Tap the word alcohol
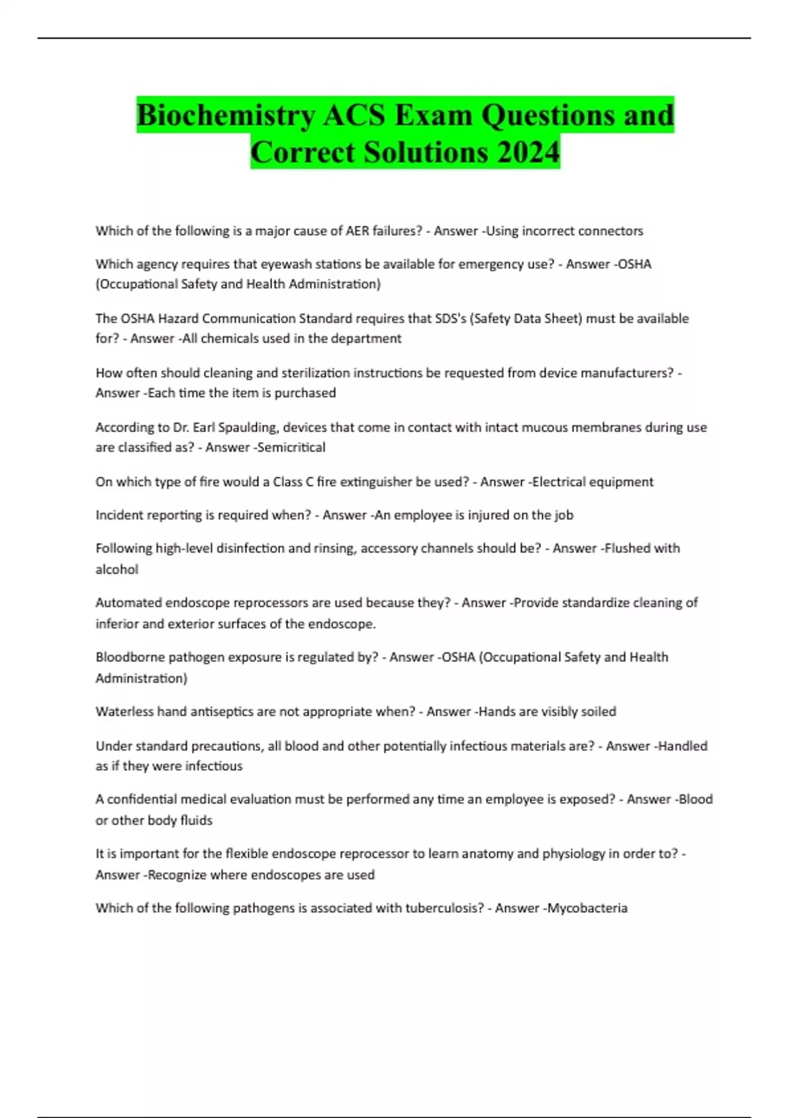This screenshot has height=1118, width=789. coord(117,570)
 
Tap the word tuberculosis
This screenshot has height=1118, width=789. coord(444,908)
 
